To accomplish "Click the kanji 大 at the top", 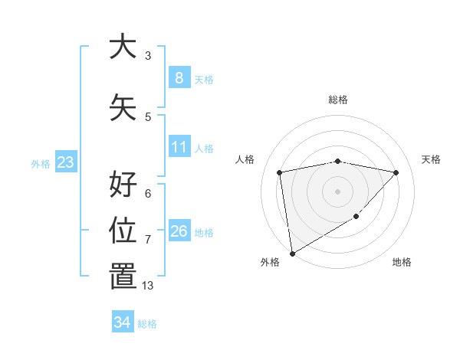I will pos(123,47).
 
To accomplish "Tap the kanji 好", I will pos(123,185).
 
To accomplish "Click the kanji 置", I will pos(123,276).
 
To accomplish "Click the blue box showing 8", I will pos(179,77).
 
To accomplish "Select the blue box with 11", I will pos(179,146).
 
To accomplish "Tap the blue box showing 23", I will pos(64,162).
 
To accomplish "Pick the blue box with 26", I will pos(179,231).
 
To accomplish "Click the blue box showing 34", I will pos(122,322).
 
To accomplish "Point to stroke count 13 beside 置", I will pos(148,286).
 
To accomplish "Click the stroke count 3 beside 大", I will pos(148,56).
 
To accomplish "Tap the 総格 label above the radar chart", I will pos(337,100).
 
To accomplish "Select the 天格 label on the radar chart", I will pos(432,159).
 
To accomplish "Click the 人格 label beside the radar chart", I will pos(245,159).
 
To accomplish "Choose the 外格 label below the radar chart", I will pos(269,262).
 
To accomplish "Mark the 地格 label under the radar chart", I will pos(402,262).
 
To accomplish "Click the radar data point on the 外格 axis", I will pos(291,253).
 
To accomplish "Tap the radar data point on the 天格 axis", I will pos(396,172).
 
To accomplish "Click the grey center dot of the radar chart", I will pos(337,191).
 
